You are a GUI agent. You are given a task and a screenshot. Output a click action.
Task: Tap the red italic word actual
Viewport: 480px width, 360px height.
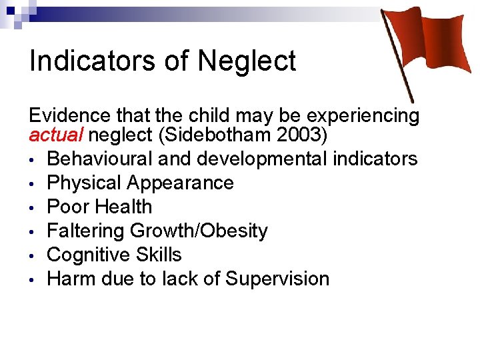pyautogui.click(x=56, y=137)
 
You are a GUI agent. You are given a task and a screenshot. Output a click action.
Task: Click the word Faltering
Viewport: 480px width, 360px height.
pyautogui.click(x=86, y=231)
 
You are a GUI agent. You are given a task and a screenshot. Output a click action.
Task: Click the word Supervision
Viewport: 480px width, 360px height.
pyautogui.click(x=277, y=279)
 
